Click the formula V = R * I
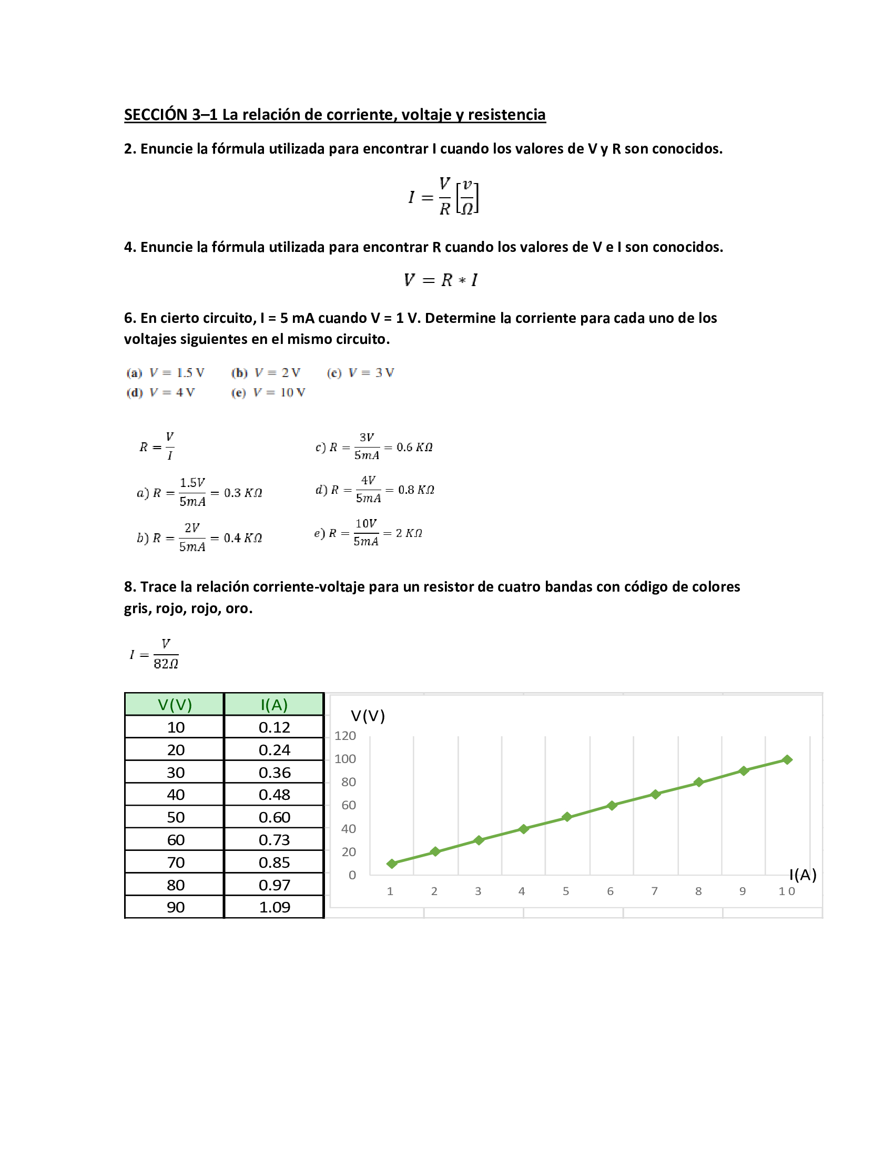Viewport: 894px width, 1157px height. coord(441,280)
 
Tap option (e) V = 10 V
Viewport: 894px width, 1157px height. coord(269,392)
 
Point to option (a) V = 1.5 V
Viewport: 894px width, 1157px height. coord(165,373)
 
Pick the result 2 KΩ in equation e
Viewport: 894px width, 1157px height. coord(408,533)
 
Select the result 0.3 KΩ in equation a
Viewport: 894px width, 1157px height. coord(242,493)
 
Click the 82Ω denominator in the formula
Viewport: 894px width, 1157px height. coord(166,664)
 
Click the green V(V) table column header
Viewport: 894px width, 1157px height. coord(175,705)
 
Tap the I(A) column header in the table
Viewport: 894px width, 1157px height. coord(274,705)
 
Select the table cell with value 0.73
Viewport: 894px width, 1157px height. coord(274,840)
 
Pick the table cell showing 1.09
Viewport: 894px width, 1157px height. coord(274,907)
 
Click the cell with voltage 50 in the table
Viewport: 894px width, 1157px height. coord(175,817)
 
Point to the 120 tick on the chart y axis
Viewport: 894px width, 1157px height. coord(346,735)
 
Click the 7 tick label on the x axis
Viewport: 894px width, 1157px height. coord(654,891)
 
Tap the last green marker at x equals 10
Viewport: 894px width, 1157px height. coord(787,760)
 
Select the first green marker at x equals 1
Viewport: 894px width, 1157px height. coord(392,864)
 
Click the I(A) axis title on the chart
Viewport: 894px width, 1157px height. coord(802,875)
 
